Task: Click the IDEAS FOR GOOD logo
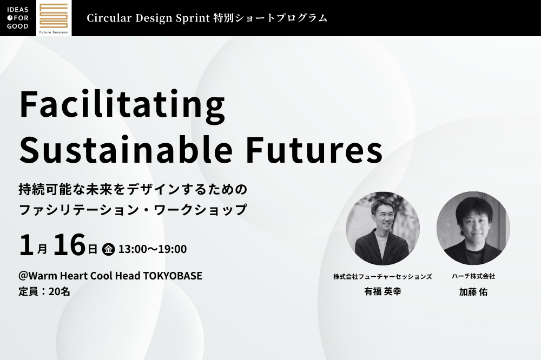click(x=18, y=18)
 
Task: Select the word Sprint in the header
click(x=193, y=18)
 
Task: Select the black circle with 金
click(x=108, y=249)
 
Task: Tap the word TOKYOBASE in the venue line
click(x=173, y=276)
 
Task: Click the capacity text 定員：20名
click(x=44, y=292)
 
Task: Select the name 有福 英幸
click(x=382, y=292)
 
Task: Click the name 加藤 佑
click(x=473, y=292)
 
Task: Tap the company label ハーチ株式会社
click(x=473, y=276)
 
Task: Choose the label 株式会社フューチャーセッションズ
click(x=382, y=277)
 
